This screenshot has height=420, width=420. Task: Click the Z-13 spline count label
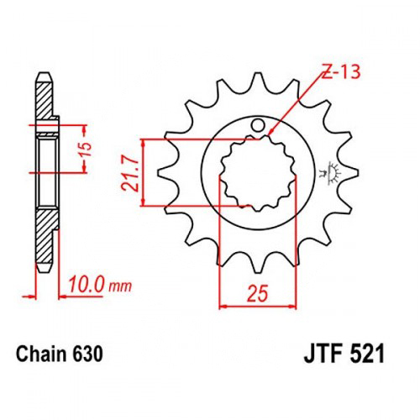point(341,71)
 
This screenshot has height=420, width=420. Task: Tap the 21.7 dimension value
point(130,173)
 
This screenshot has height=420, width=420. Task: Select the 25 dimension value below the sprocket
point(257,294)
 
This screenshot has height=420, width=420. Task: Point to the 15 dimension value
point(87,150)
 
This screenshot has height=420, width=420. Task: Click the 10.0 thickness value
point(87,284)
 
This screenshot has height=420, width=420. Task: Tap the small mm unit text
point(119,286)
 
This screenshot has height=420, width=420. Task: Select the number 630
point(87,354)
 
